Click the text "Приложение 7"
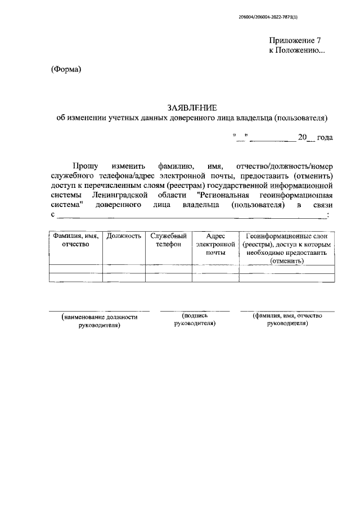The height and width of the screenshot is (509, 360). pyautogui.click(x=296, y=40)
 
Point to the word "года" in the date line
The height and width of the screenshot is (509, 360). pyautogui.click(x=325, y=137)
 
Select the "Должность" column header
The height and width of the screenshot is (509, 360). pyautogui.click(x=123, y=236)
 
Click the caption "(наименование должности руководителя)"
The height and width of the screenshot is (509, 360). pyautogui.click(x=100, y=321)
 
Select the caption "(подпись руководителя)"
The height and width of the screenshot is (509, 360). pyautogui.click(x=195, y=319)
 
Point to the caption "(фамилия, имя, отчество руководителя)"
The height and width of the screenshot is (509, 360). pyautogui.click(x=287, y=319)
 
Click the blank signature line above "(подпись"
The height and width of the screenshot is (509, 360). pyautogui.click(x=195, y=310)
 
